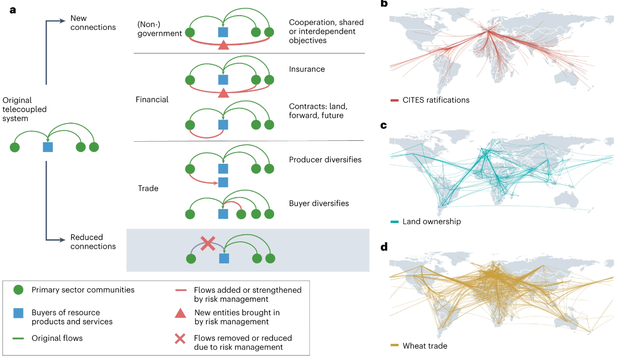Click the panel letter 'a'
tap(13, 9)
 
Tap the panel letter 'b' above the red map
tap(384, 3)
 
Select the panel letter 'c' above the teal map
tap(383, 125)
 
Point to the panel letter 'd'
tap(384, 246)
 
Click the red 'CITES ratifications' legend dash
tap(394, 100)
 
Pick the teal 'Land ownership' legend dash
tap(394, 222)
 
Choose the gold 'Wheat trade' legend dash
tap(394, 346)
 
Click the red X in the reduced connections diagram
tap(208, 243)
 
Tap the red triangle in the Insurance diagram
tap(223, 93)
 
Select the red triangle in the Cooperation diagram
tap(223, 46)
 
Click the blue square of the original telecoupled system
tap(48, 147)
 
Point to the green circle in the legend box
tap(19, 290)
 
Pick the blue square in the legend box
tap(19, 313)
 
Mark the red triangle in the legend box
tap(180, 313)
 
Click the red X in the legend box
tap(180, 338)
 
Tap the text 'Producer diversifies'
tap(325, 160)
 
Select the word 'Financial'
tap(152, 100)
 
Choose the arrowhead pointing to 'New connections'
tap(63, 21)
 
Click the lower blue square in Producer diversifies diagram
tap(223, 182)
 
